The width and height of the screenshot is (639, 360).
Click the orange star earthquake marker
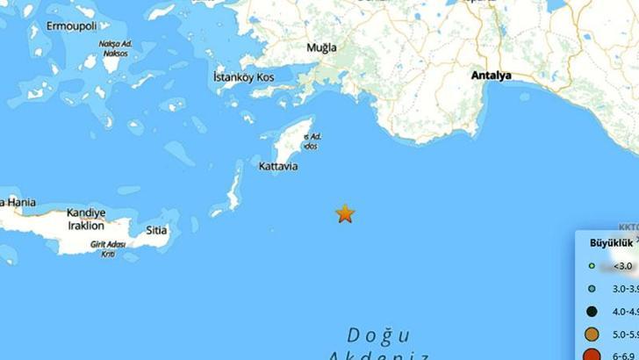(x=345, y=213)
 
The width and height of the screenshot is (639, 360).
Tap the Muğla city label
(x=321, y=47)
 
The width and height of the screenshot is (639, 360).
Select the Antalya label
(x=491, y=76)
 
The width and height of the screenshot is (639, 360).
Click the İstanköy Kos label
(x=244, y=78)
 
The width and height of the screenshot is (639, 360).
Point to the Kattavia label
(x=279, y=165)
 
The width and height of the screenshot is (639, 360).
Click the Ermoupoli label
(x=62, y=26)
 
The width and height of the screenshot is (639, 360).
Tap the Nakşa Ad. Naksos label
(x=113, y=48)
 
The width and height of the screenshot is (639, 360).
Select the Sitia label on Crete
(x=156, y=231)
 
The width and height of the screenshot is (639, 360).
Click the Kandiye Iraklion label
(x=86, y=219)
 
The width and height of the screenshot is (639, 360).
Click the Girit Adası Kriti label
(x=108, y=248)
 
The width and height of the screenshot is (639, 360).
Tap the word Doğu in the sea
(x=378, y=335)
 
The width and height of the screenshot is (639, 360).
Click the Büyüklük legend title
(x=607, y=242)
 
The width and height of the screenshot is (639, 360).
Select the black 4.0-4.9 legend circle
(x=592, y=311)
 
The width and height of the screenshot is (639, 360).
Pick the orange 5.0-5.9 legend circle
(x=592, y=334)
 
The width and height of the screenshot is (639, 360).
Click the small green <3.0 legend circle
(x=592, y=265)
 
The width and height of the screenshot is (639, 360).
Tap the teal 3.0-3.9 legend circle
(x=592, y=288)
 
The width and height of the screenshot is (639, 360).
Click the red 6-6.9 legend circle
(x=592, y=355)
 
